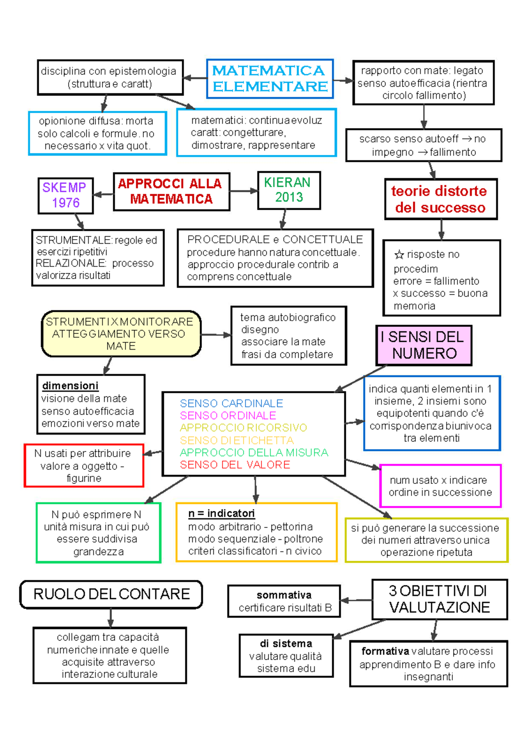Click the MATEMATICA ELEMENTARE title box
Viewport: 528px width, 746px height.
point(270,79)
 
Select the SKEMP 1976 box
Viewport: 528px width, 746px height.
point(66,195)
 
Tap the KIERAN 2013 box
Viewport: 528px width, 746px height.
point(289,190)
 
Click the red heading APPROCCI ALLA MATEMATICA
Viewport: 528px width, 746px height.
point(171,191)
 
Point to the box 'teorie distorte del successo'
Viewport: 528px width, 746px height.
point(440,199)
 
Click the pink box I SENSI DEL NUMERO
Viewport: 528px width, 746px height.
point(424,345)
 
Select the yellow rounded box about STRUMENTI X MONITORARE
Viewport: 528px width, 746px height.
point(121,334)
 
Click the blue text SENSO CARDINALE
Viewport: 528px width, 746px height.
point(231,403)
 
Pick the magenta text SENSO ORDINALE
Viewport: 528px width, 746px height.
point(228,416)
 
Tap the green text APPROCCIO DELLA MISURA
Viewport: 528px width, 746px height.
point(254,453)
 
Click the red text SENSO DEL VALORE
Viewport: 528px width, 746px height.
point(235,465)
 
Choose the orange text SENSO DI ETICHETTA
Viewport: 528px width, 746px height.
point(237,440)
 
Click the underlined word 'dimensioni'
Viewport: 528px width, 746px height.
point(70,386)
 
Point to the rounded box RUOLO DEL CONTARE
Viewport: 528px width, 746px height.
point(111,594)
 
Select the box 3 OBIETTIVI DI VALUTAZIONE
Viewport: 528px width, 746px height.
point(439,599)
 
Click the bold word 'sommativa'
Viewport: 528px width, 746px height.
point(284,595)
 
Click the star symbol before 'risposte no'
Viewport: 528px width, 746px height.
point(399,255)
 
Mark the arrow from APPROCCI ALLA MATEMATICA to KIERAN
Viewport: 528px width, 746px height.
point(243,191)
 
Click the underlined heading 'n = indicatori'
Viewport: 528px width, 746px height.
point(221,513)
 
